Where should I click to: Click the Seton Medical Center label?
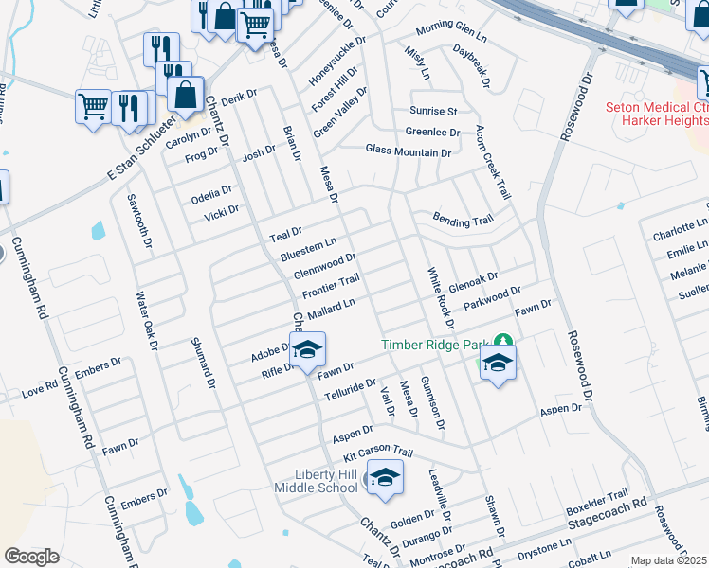coord(657,115)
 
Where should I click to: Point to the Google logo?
coord(31,557)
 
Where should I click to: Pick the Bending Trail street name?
coord(463,220)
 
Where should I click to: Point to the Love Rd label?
coord(39,389)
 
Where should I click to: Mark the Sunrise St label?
coord(433,111)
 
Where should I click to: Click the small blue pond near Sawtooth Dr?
coord(98,230)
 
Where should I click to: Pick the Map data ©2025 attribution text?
coord(669,560)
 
